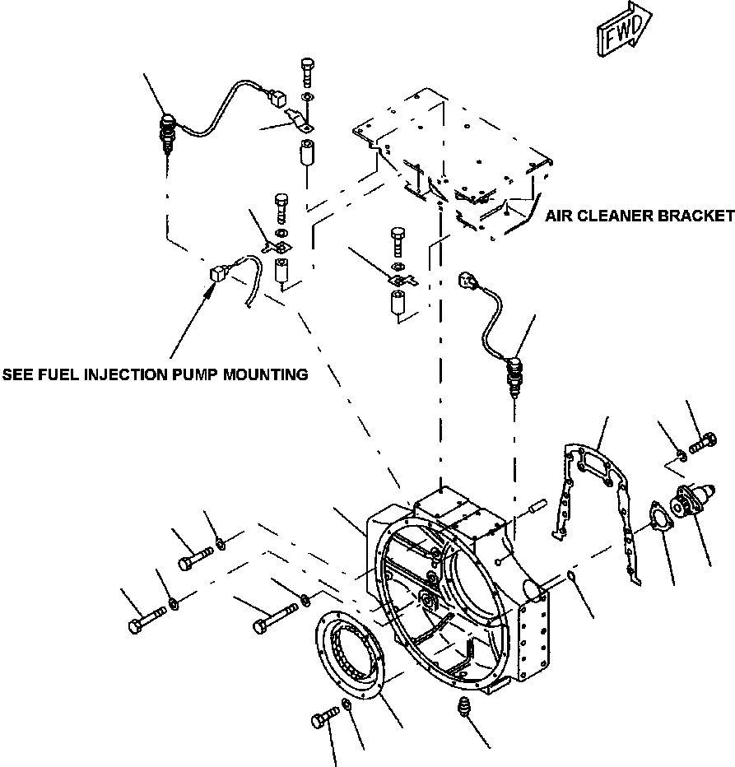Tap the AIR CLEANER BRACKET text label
click(639, 216)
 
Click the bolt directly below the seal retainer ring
click(323, 718)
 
